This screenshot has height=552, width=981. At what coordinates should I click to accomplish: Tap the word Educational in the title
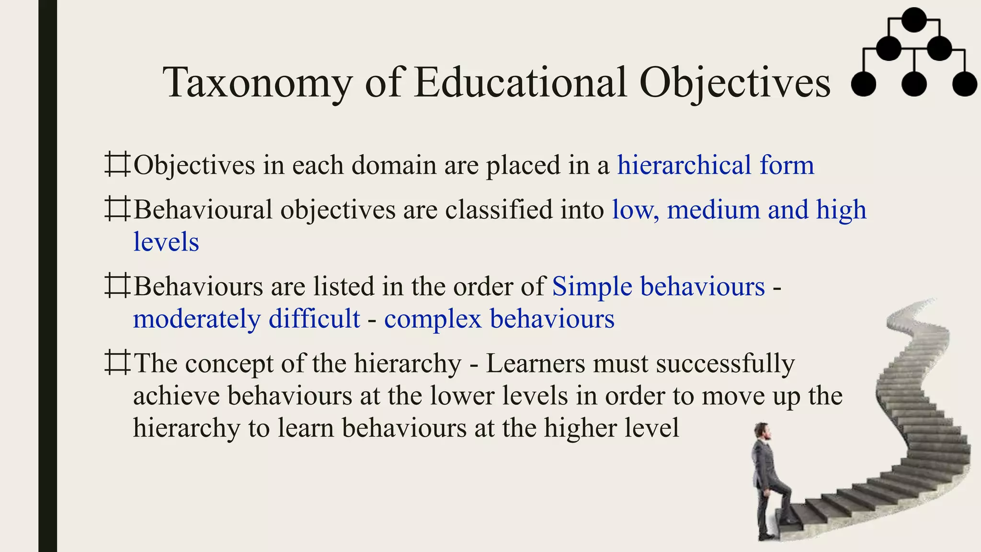[520, 82]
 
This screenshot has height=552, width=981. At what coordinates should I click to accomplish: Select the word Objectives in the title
[735, 82]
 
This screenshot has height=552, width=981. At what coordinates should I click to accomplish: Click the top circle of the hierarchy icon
[914, 20]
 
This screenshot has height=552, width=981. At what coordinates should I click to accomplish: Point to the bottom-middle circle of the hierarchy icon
[914, 84]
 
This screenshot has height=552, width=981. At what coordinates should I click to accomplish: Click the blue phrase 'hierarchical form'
[715, 165]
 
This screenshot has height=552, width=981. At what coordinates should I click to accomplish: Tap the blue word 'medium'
[713, 210]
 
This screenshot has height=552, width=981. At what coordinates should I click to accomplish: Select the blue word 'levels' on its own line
[166, 242]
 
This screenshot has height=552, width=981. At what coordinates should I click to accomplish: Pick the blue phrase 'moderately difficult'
[246, 319]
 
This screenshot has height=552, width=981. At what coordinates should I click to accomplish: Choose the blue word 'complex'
[433, 319]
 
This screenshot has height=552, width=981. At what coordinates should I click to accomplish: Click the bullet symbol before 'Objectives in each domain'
[117, 164]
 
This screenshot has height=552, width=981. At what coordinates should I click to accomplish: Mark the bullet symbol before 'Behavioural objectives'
[117, 209]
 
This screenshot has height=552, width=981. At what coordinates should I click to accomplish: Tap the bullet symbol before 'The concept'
[117, 362]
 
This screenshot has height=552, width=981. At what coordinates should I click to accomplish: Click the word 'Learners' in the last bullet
[536, 363]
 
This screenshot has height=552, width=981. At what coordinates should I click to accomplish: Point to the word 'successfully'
[725, 363]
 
